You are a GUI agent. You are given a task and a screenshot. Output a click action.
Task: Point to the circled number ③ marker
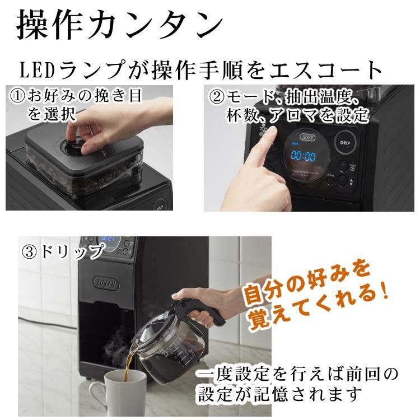coord(30,251)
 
